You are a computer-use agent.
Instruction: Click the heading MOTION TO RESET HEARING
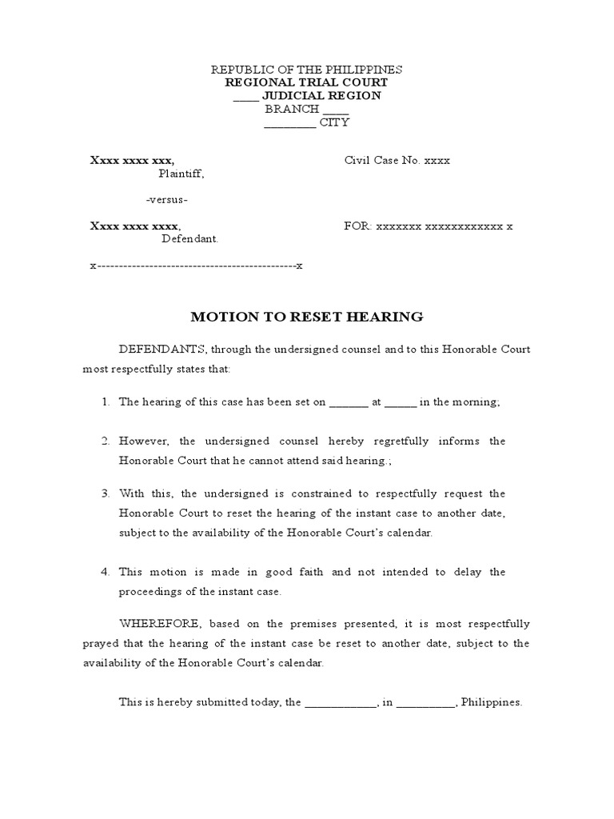pos(306,317)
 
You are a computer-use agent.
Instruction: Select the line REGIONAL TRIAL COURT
pos(306,82)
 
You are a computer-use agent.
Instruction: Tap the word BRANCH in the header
pos(293,109)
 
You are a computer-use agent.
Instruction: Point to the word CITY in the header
pos(334,122)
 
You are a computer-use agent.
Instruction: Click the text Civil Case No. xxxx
pos(397,160)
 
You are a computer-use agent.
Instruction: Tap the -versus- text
pos(168,199)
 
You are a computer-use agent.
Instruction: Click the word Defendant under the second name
pos(189,238)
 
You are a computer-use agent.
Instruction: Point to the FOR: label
pos(357,226)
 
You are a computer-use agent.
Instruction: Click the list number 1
pos(106,402)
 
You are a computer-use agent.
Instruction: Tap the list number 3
pos(106,493)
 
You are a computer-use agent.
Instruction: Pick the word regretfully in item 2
pos(400,441)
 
